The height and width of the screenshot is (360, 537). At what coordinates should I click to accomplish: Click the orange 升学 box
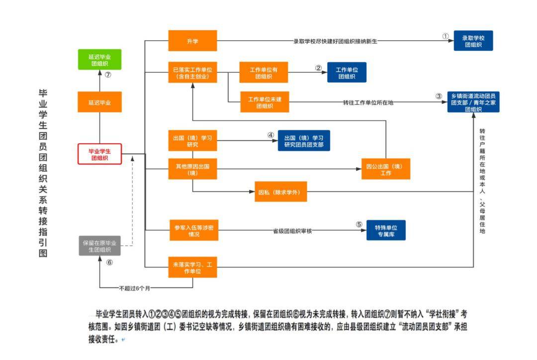(192, 41)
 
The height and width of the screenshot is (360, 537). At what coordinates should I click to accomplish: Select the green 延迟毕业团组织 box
(100, 59)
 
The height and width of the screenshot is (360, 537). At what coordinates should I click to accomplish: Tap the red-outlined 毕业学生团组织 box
(99, 154)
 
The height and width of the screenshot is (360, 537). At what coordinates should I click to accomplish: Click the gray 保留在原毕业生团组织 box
(99, 246)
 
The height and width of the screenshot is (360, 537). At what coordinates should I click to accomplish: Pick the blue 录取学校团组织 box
(473, 41)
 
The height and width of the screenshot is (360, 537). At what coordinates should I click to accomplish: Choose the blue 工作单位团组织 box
(347, 73)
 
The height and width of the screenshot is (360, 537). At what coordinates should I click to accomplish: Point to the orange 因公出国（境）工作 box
(386, 169)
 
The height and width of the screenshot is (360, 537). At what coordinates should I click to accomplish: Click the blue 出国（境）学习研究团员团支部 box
(304, 140)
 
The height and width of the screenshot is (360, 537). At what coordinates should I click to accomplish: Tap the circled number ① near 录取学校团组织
(446, 37)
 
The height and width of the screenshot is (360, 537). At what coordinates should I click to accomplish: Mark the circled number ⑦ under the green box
(107, 75)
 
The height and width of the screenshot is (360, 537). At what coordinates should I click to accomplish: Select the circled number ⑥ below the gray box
(109, 263)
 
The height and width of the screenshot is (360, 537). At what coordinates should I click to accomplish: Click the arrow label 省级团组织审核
(292, 231)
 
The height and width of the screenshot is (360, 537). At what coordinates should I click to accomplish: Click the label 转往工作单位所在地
(368, 102)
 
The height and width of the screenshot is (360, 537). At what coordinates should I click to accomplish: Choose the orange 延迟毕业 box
(99, 102)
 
